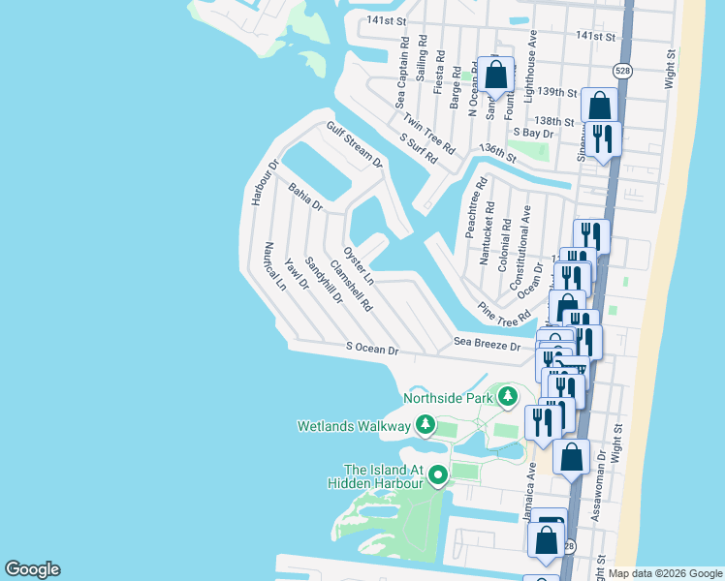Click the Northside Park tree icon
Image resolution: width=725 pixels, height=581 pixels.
tap(507, 396)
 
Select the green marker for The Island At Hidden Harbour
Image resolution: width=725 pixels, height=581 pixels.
tap(438, 475)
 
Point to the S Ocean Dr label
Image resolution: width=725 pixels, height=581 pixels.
tap(372, 349)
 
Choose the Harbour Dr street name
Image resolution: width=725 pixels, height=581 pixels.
tap(259, 182)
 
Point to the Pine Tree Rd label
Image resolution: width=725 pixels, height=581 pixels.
tap(505, 312)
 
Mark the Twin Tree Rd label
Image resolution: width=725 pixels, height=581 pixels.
tap(429, 135)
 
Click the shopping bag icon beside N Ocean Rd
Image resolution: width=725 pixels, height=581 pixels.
tap(494, 75)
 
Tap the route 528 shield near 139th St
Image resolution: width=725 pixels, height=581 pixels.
tap(622, 71)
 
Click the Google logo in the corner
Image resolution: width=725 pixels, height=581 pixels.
tap(32, 569)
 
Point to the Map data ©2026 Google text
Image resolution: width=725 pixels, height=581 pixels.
tap(665, 573)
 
